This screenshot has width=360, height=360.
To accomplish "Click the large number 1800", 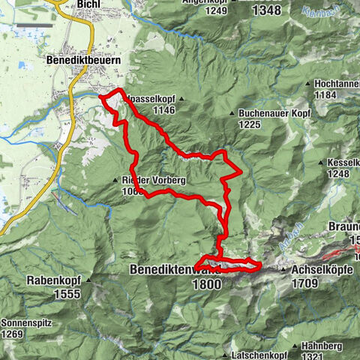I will (206, 284).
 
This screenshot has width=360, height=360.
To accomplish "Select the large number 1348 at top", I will (265, 10).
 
